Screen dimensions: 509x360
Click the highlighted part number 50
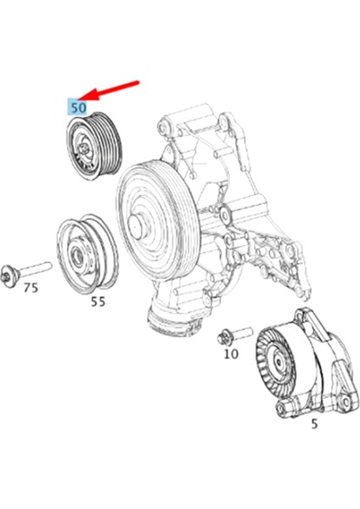tap(79, 108)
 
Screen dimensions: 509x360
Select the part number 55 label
tap(98, 301)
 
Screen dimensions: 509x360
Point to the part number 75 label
tap(30, 288)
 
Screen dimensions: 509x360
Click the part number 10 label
tap(230, 354)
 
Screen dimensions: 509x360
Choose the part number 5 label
tap(314, 423)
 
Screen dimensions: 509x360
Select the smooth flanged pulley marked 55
tap(82, 251)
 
